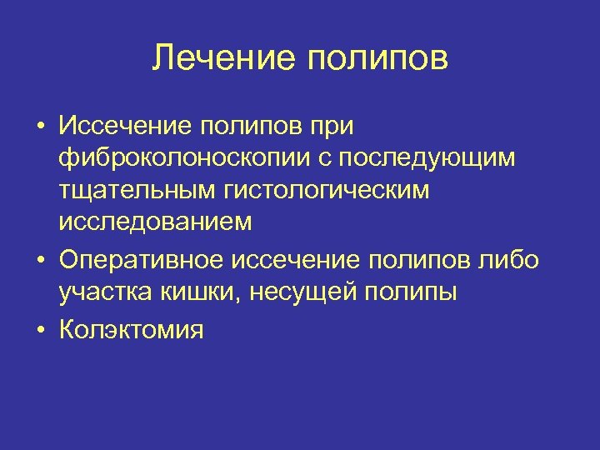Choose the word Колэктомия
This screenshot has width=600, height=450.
(x=131, y=330)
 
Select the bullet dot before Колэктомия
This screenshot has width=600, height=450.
(x=40, y=331)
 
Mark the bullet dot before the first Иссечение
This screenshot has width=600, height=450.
(x=40, y=127)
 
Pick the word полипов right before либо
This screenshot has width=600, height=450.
(x=426, y=261)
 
